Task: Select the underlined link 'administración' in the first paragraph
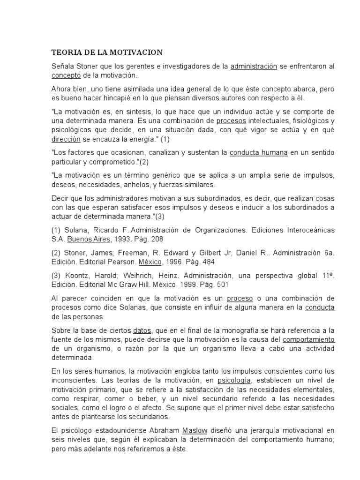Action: [254, 66]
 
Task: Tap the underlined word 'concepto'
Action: [66, 75]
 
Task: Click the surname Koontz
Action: [75, 275]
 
